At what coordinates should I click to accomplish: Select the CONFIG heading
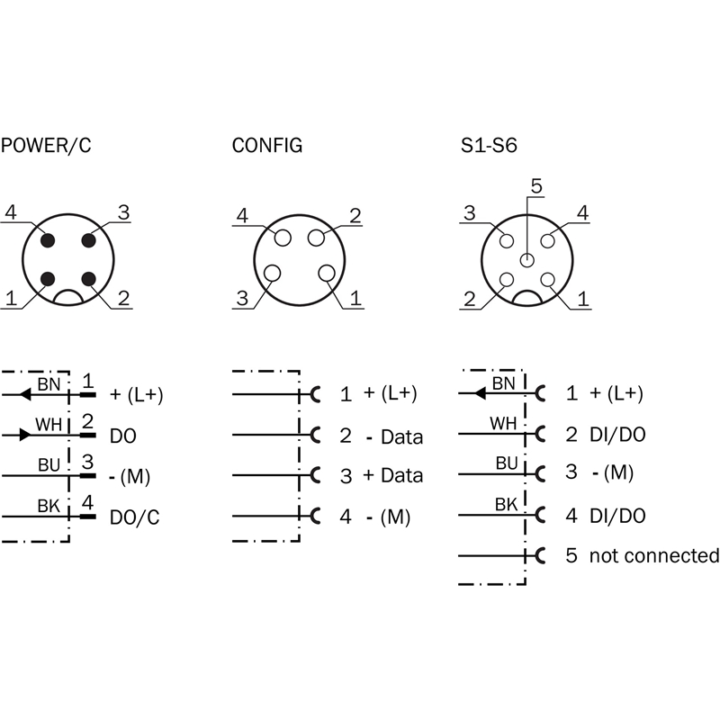click(266, 145)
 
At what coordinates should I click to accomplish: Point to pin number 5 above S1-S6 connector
click(535, 187)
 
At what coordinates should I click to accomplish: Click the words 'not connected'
click(654, 555)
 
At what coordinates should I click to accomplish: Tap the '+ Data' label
click(392, 475)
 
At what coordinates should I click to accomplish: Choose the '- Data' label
click(394, 437)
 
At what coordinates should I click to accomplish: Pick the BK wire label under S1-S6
click(507, 505)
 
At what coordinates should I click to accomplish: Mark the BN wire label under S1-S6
click(506, 383)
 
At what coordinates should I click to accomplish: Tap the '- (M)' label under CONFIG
click(393, 517)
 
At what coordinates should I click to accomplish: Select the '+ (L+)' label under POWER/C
click(136, 393)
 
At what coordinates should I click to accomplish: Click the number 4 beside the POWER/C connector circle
click(11, 212)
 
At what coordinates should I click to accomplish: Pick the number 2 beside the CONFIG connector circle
click(355, 215)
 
